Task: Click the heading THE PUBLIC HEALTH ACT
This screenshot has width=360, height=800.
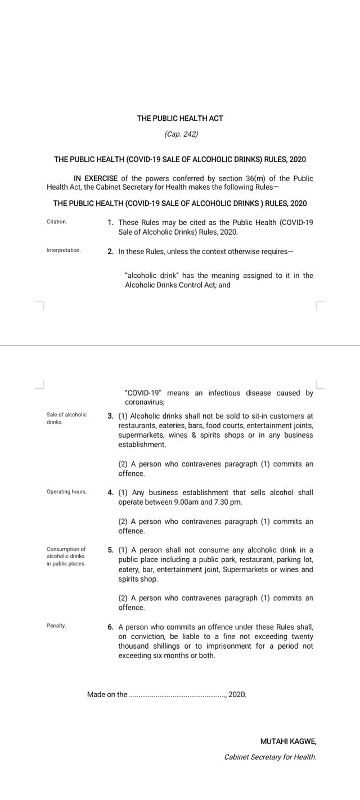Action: (180, 118)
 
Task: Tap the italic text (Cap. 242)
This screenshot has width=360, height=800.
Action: (181, 134)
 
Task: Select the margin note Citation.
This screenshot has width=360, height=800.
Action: (57, 222)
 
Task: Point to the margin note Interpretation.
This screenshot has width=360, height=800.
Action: (64, 250)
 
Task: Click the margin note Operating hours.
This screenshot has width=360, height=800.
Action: (67, 492)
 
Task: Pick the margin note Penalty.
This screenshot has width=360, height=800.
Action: (56, 626)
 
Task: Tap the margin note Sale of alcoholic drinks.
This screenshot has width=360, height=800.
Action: (66, 418)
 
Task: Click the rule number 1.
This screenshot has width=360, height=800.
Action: (111, 222)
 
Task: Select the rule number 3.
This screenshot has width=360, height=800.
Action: (110, 416)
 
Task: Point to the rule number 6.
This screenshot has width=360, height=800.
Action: (111, 626)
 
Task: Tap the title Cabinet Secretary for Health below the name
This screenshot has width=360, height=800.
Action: (270, 757)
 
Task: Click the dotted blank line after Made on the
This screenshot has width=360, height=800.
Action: (177, 695)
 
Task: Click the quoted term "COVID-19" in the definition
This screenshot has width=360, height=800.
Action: (143, 393)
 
